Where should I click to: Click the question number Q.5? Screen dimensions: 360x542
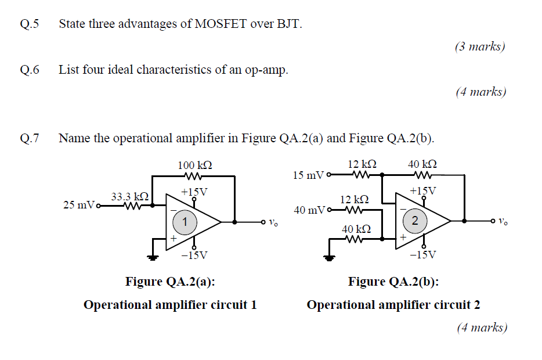point(28,24)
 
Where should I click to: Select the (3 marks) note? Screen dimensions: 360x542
point(480,46)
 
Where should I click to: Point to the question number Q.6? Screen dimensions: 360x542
point(28,70)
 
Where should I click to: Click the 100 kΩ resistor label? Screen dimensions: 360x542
point(194,165)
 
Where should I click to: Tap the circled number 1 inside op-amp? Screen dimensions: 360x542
point(185,221)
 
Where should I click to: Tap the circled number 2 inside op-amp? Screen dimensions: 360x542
point(414,221)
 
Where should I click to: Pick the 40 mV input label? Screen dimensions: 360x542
point(309,210)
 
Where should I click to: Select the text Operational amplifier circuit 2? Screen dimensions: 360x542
point(393,305)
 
